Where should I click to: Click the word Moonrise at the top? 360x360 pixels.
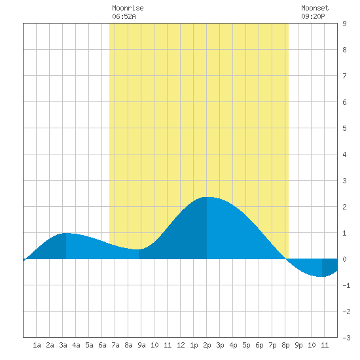click(128, 8)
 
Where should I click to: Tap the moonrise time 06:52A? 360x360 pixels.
click(124, 16)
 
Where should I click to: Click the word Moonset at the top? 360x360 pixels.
click(315, 8)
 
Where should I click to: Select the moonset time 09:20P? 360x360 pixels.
click(313, 16)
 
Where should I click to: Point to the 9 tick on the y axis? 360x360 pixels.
click(344, 24)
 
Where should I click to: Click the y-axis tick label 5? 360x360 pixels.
click(344, 128)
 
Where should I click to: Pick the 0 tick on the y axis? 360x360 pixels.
click(344, 259)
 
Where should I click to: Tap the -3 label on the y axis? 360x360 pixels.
click(346, 338)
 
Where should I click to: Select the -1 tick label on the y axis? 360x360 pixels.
click(346, 285)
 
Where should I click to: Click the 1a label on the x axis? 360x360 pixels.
click(37, 345)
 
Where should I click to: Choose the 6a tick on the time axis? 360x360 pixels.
click(102, 345)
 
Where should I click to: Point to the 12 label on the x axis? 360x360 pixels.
click(181, 345)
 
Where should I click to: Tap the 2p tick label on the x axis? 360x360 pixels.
click(207, 345)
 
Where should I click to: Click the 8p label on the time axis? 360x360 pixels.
click(285, 345)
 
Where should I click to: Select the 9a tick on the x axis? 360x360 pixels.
click(141, 345)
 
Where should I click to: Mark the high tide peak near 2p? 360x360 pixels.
click(207, 197)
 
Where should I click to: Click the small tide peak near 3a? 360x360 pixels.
click(66, 233)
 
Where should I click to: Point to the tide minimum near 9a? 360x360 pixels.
click(139, 249)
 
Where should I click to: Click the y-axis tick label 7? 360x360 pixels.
click(344, 76)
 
